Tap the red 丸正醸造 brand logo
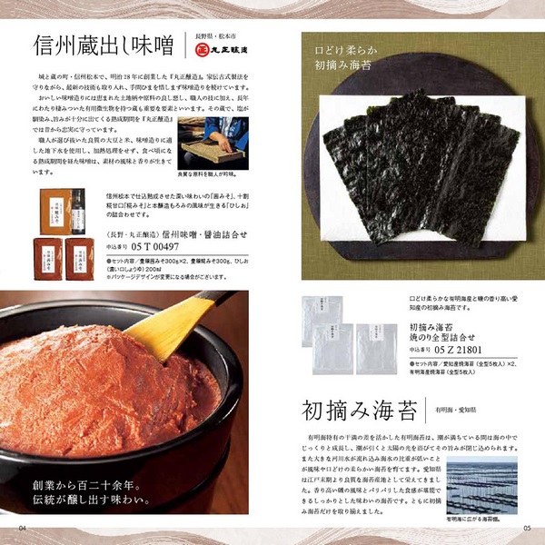coord(225,54)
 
